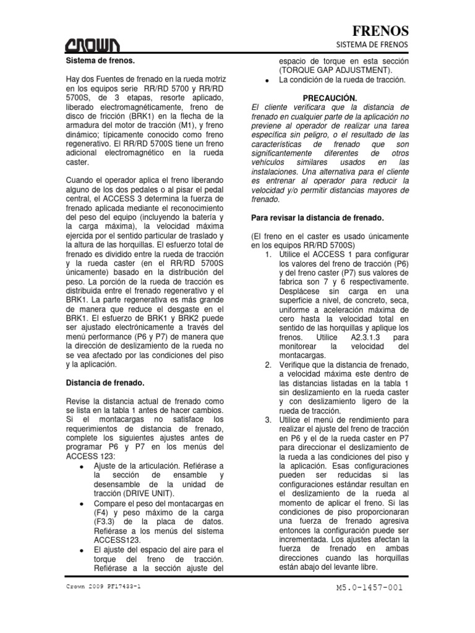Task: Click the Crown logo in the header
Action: click(x=94, y=45)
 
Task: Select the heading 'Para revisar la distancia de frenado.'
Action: click(x=319, y=218)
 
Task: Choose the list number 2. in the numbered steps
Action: click(x=268, y=364)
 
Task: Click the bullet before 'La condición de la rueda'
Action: click(x=265, y=81)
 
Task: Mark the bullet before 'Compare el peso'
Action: click(x=82, y=504)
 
